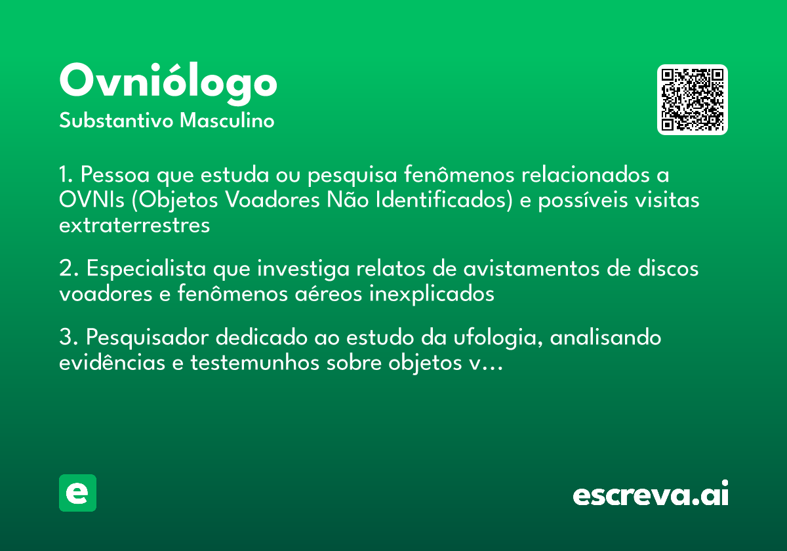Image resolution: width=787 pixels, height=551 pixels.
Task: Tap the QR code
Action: point(693,100)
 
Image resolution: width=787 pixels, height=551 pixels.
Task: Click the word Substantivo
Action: point(116,121)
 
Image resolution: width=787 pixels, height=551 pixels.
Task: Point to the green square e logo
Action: point(77,493)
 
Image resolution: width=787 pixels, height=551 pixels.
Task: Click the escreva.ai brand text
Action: point(651,495)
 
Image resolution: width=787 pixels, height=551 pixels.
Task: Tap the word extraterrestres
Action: point(134,225)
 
